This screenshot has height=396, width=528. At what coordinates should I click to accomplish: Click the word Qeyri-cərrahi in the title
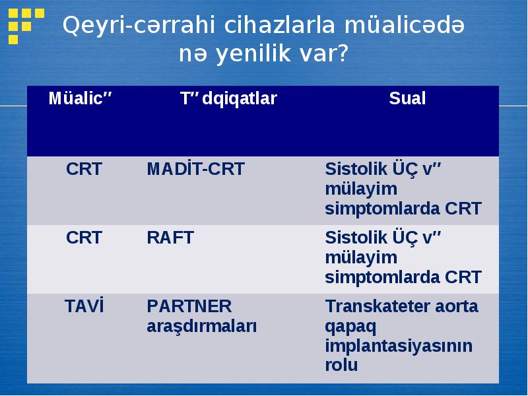[139, 26]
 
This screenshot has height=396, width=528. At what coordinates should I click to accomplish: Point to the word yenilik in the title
[253, 54]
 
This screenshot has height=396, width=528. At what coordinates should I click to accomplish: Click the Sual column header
[407, 98]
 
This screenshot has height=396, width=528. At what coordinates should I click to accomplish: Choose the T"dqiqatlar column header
[228, 99]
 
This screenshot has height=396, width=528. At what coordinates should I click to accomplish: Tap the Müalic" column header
[80, 98]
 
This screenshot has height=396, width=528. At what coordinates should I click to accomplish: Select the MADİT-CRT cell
[195, 168]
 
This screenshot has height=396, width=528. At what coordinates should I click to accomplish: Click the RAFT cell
[170, 238]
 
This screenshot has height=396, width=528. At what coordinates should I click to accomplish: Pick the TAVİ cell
[84, 306]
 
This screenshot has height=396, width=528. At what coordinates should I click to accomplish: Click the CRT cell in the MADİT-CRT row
[84, 169]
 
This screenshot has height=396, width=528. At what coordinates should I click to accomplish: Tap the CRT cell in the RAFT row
[84, 238]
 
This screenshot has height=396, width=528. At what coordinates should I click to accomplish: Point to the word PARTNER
[189, 306]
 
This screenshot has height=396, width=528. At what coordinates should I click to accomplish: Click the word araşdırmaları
[202, 327]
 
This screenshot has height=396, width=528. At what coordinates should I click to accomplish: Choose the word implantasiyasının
[399, 346]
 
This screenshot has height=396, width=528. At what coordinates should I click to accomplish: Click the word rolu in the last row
[341, 365]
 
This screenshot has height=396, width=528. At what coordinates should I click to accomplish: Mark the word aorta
[457, 307]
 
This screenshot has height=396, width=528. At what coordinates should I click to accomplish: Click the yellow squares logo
[26, 26]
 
